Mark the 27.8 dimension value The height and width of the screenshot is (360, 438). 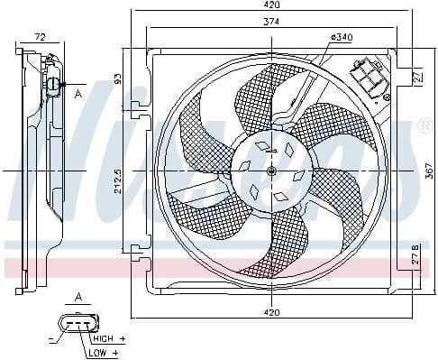coord(415,254)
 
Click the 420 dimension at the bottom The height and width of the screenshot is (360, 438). coord(271,312)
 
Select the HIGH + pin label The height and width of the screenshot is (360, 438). coord(108,337)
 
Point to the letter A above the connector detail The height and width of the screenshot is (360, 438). coord(78,297)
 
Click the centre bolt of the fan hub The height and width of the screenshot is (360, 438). coord(271,171)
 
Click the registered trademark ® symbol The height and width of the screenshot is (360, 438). coord(424,126)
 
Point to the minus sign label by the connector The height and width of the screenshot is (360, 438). coord(51,339)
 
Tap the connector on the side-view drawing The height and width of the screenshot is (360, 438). coord(54,86)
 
